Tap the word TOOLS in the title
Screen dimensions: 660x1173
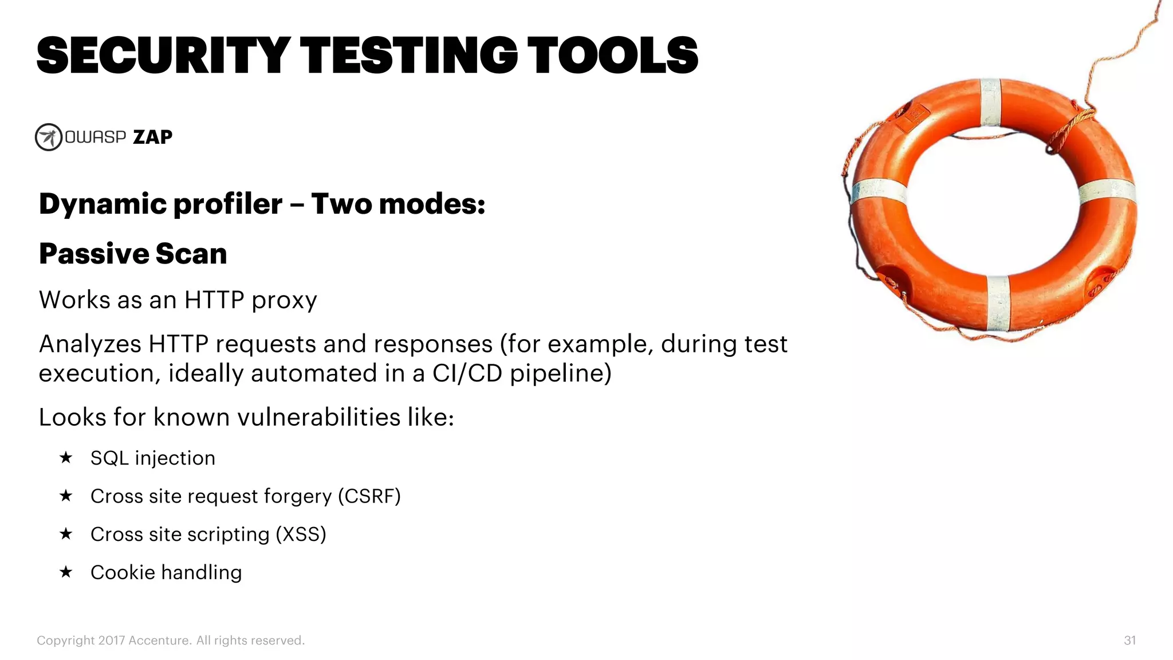coord(612,56)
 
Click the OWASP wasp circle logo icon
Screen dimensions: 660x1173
coord(49,137)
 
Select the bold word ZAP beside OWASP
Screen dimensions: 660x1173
coord(152,137)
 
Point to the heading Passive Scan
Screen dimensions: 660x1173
coord(133,254)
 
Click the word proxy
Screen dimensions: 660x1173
coord(284,301)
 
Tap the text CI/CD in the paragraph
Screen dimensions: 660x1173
coord(468,374)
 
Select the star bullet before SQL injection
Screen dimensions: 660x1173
coord(66,458)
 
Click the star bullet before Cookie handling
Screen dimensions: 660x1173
coord(66,572)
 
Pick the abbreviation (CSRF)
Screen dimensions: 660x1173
coord(369,496)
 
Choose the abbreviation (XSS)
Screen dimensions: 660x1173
coord(301,534)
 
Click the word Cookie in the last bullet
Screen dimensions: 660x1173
coord(123,572)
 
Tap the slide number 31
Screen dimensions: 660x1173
coord(1129,641)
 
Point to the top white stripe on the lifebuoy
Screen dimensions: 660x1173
coord(990,103)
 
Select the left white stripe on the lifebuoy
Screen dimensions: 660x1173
coord(879,191)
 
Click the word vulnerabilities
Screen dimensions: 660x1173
coord(318,417)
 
